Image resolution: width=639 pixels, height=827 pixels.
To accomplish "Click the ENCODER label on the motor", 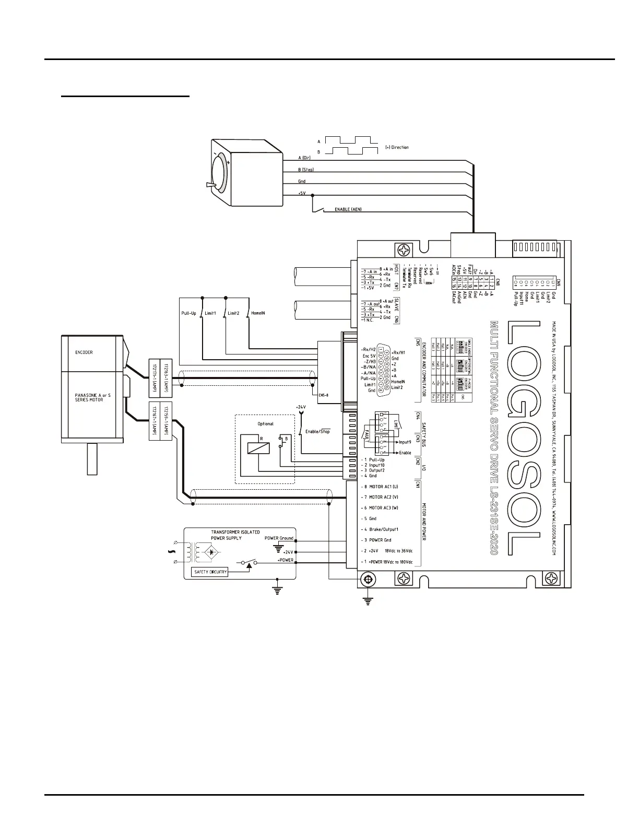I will pyautogui.click(x=84, y=352).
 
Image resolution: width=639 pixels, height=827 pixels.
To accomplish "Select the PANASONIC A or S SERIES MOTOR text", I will pyautogui.click(x=92, y=398).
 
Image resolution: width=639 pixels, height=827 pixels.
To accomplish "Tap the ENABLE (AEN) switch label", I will pyautogui.click(x=348, y=209).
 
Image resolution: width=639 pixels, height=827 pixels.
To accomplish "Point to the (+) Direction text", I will pyautogui.click(x=397, y=147).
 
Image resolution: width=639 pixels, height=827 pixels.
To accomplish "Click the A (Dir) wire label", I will pyautogui.click(x=304, y=157).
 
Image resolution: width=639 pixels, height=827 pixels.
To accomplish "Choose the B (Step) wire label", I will pyautogui.click(x=306, y=170).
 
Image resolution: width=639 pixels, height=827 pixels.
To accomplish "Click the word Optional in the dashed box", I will pyautogui.click(x=265, y=424).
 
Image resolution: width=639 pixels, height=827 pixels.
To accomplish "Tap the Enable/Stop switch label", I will pyautogui.click(x=317, y=431).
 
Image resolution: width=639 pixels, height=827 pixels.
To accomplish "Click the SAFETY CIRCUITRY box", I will pyautogui.click(x=210, y=572).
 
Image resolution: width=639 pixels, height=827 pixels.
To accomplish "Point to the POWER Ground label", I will pyautogui.click(x=279, y=538).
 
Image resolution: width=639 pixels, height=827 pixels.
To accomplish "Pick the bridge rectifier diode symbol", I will pyautogui.click(x=211, y=551).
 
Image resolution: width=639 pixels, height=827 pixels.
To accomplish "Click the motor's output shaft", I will pyautogui.click(x=92, y=459).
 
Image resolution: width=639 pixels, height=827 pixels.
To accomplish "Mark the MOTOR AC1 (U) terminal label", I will pyautogui.click(x=384, y=487).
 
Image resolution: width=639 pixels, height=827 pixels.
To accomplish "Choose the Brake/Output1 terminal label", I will pyautogui.click(x=384, y=529).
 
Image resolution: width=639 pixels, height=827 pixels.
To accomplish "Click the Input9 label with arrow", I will pyautogui.click(x=405, y=442).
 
